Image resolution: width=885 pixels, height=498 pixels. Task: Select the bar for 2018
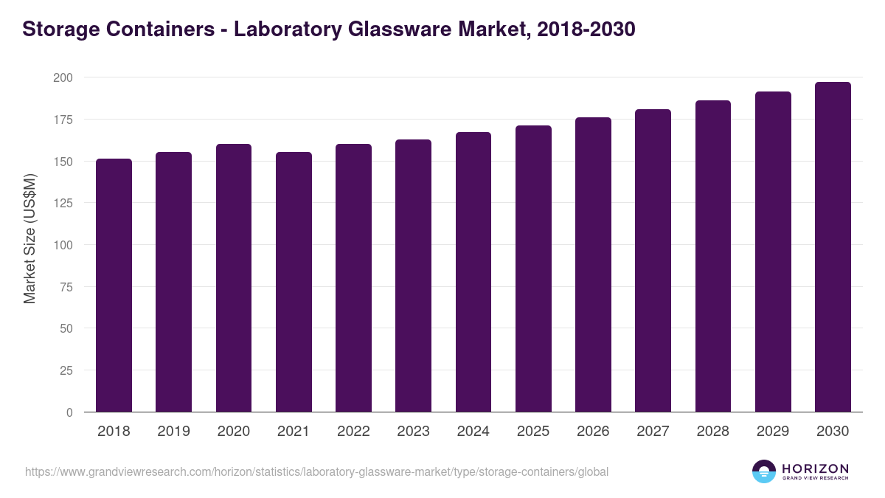114,286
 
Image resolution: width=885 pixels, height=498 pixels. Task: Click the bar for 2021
294,282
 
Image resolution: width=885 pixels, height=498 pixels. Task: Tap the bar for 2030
833,247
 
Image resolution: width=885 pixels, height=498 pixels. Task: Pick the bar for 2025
533,269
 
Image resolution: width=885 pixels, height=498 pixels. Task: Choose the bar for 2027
653,260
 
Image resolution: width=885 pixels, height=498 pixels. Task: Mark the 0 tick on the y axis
69,412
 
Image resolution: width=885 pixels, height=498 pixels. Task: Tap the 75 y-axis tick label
66,287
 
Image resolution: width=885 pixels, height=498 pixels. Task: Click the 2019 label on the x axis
173,432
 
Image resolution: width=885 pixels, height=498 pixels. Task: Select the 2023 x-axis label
413,432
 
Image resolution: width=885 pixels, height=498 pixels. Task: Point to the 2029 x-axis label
773,432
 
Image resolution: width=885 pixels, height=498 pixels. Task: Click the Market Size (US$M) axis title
29,238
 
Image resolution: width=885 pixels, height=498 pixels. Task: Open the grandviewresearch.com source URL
316,471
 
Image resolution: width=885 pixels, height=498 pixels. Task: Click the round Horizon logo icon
764,471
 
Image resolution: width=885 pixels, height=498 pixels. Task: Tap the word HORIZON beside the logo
815,468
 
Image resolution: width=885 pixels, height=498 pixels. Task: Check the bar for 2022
353,278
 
